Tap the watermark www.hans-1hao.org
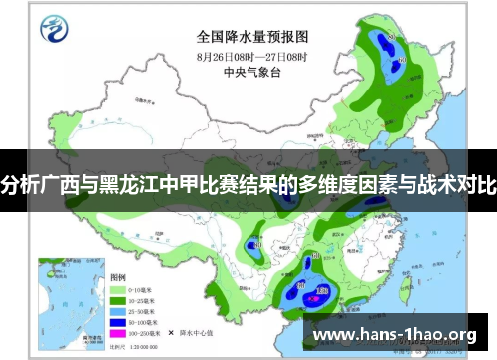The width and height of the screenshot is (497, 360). [409, 334]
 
